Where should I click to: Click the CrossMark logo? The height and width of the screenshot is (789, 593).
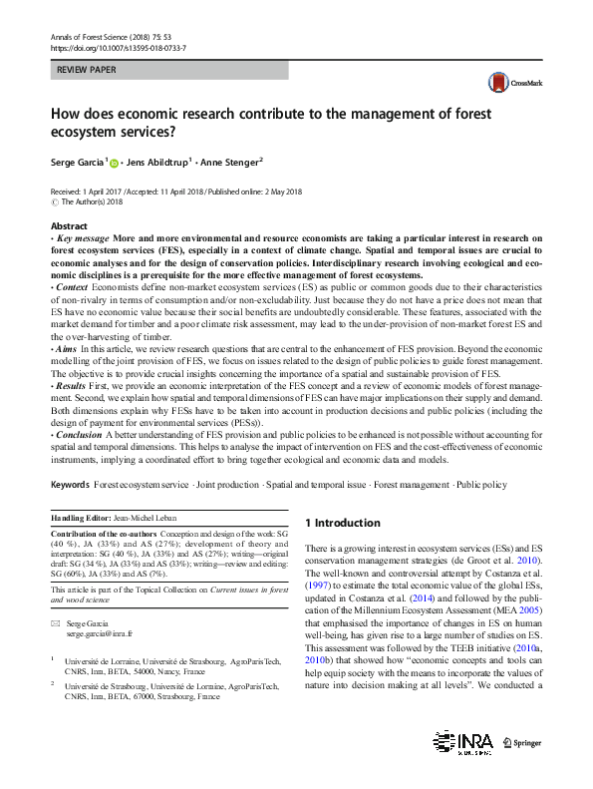coord(509,83)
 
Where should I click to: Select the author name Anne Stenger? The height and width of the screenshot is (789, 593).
coord(229,162)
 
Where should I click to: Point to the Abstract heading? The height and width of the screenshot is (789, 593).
coord(69,226)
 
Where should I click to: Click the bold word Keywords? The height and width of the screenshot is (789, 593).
coord(70,485)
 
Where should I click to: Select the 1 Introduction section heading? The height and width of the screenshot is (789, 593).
coord(342,523)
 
